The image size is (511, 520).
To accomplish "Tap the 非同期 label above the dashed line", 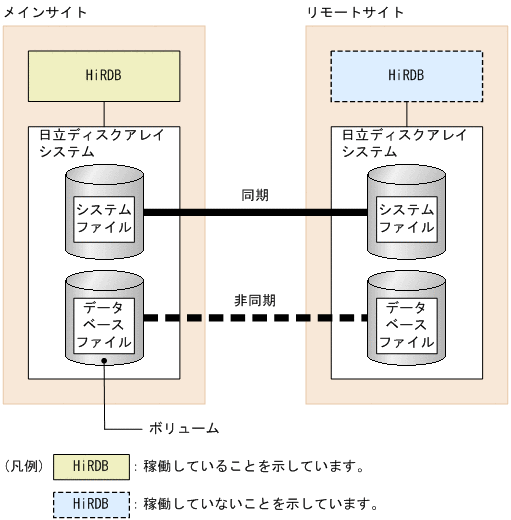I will [x=255, y=299].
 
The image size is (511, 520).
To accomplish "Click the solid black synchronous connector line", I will [x=255, y=212].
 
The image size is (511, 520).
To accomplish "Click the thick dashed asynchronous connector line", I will [x=255, y=319].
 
